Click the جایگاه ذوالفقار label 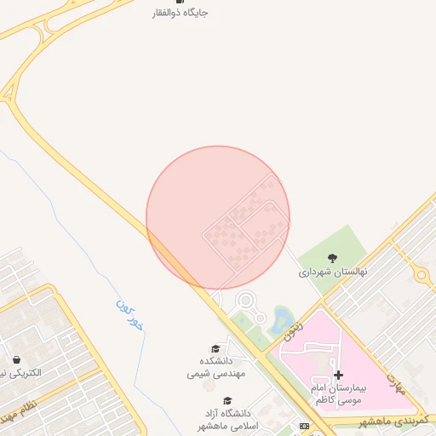point(179,13)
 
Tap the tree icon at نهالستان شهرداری point(331,259)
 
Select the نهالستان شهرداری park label point(332,273)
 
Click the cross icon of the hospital point(338,375)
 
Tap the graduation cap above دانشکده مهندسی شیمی point(215,348)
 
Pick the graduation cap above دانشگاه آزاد point(227,400)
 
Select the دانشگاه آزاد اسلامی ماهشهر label point(227,418)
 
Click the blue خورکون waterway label point(129,314)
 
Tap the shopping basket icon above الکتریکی point(16,359)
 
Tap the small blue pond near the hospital point(279,321)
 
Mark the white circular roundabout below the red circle point(246,300)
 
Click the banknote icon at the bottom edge point(304,426)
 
